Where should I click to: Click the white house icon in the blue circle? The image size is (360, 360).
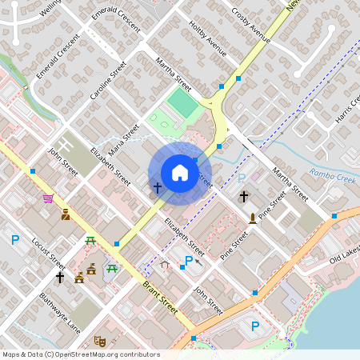coord(180,172)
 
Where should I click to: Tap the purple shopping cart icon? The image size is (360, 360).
coord(49,198)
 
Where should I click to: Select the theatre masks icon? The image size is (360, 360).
coord(99,341)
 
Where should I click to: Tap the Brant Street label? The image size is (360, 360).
coord(159,297)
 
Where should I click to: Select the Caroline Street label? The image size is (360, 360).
coord(109,80)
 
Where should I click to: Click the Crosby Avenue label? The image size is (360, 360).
coord(250,26)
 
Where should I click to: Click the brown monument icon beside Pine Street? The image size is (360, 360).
coord(253,217)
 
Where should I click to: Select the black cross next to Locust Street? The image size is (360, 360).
coord(59,277)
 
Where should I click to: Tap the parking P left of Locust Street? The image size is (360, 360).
coord(14,238)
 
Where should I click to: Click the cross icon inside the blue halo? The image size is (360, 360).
coord(158,188)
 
